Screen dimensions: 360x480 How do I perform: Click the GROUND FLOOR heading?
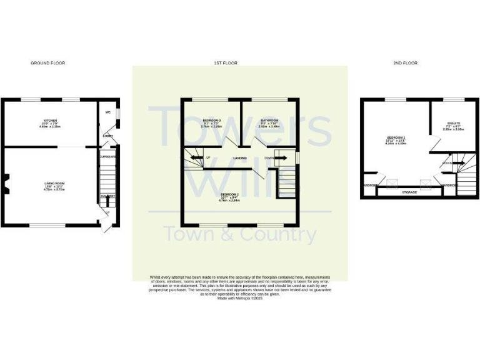tap(48, 63)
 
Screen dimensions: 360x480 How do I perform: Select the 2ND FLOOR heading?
tap(406, 63)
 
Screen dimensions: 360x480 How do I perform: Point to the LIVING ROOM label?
tap(54, 185)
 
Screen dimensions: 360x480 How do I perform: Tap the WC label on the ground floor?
tap(108, 112)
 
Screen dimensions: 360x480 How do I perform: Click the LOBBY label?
tap(107, 134)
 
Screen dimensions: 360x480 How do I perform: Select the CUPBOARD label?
tap(108, 157)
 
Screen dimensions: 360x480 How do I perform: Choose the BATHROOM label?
tap(269, 121)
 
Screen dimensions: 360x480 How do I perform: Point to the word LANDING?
tap(239, 158)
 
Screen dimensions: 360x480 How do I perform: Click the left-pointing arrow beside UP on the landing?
tap(195, 157)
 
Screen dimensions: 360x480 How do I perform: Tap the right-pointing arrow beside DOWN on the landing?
tap(281, 158)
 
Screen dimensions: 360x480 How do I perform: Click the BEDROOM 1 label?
tap(396, 139)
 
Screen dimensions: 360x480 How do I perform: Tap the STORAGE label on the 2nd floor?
tap(409, 192)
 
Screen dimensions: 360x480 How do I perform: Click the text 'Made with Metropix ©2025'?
tap(240, 298)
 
